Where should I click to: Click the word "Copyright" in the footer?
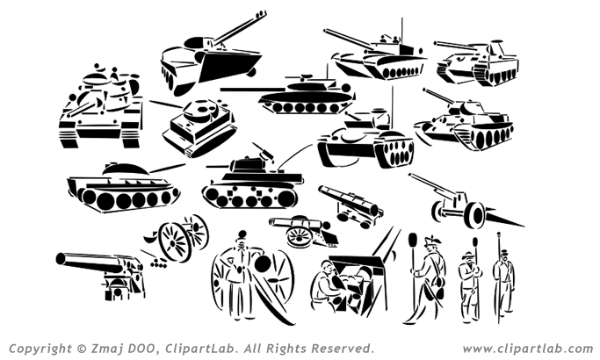(x=40, y=349)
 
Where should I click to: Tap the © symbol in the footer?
(x=82, y=349)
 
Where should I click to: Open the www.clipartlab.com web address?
(x=528, y=349)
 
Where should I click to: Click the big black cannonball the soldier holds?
(x=263, y=263)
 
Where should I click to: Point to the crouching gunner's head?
(x=327, y=267)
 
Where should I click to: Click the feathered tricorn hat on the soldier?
(x=431, y=241)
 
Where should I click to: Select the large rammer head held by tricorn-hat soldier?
(x=413, y=241)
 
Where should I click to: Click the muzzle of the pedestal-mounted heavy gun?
(x=61, y=259)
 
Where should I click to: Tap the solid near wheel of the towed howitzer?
(x=477, y=216)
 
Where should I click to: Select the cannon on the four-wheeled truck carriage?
(x=351, y=205)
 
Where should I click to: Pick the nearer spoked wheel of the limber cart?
(x=174, y=241)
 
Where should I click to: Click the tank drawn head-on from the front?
(x=101, y=107)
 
